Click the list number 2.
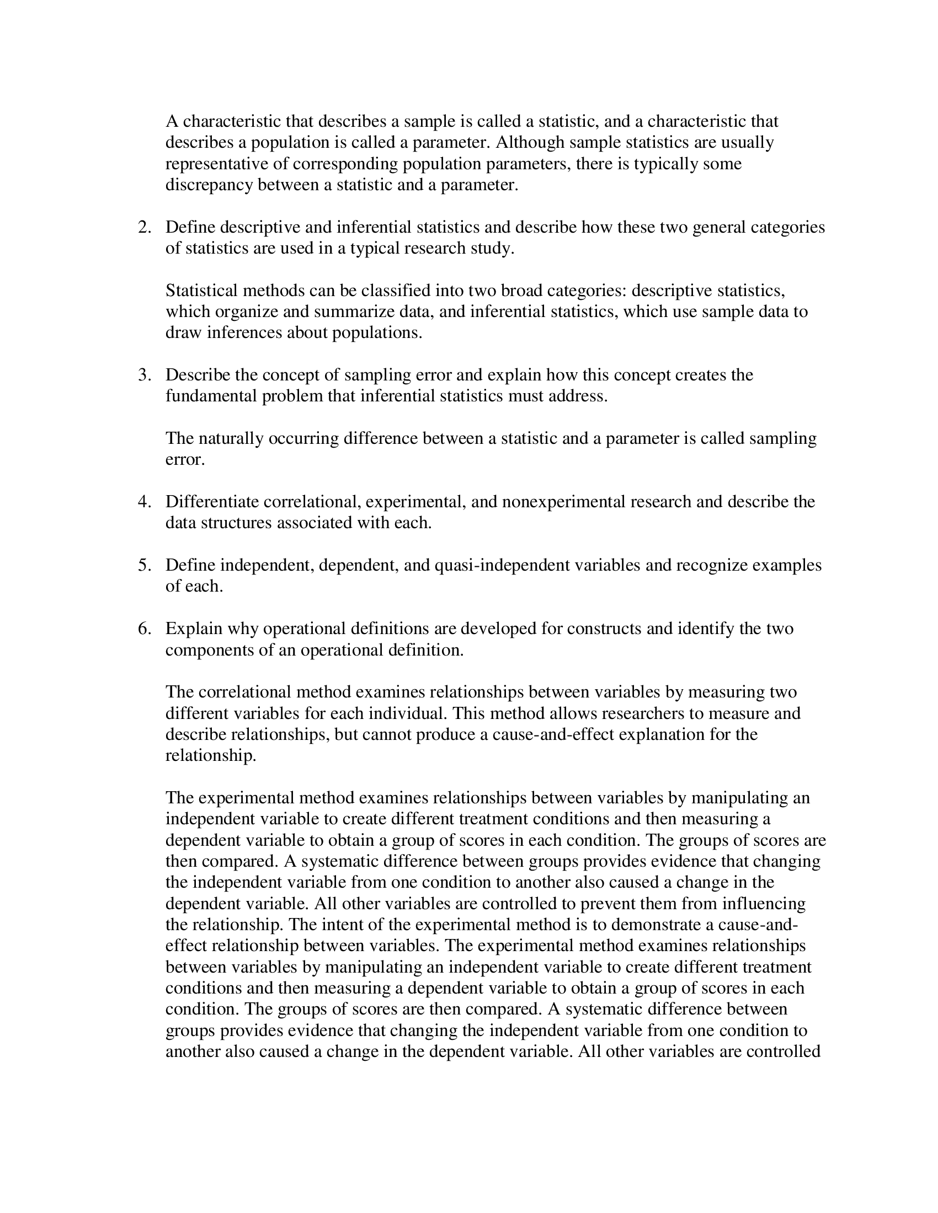click(x=145, y=227)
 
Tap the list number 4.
click(x=145, y=502)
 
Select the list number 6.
click(x=145, y=628)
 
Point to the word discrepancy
click(x=209, y=185)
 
